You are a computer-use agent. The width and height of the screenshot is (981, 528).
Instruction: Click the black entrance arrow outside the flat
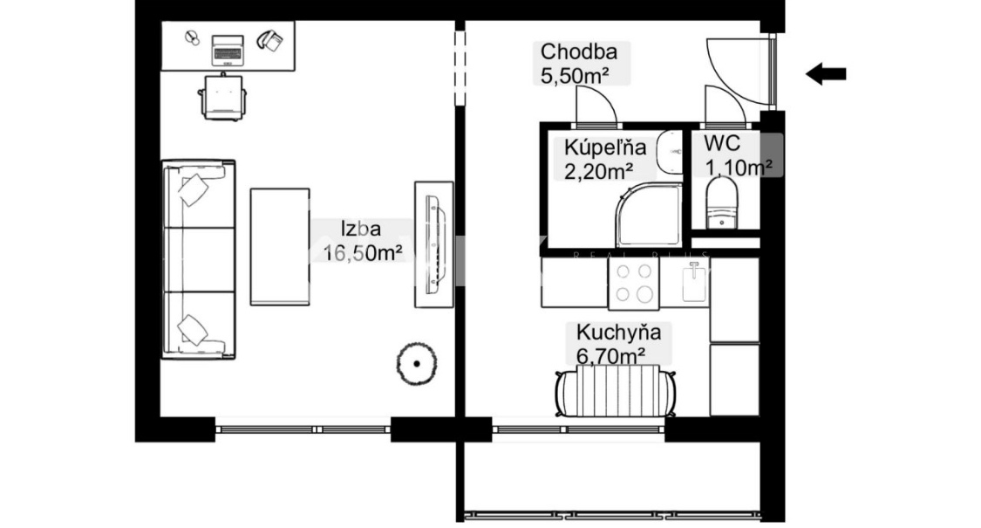pyautogui.click(x=826, y=74)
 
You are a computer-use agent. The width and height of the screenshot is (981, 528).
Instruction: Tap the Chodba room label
pyautogui.click(x=579, y=51)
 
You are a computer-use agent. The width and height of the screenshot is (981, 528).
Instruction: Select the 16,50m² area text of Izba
pyautogui.click(x=363, y=253)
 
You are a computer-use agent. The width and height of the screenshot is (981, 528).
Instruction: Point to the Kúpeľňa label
pyautogui.click(x=605, y=147)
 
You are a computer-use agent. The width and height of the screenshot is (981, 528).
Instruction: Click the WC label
pyautogui.click(x=722, y=143)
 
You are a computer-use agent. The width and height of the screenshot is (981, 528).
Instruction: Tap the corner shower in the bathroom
pyautogui.click(x=649, y=215)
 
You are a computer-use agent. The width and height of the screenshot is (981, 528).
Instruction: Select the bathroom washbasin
pyautogui.click(x=670, y=152)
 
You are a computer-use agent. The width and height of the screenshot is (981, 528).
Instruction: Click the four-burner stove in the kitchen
pyautogui.click(x=634, y=284)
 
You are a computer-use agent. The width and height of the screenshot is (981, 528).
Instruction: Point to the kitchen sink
pyautogui.click(x=694, y=282)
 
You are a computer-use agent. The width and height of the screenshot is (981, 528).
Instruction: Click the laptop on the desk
pyautogui.click(x=227, y=50)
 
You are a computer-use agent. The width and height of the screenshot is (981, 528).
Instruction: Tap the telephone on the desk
pyautogui.click(x=269, y=40)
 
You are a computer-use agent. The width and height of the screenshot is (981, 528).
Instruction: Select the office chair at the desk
pyautogui.click(x=222, y=97)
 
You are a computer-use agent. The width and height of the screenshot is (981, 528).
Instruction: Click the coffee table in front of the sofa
pyautogui.click(x=280, y=247)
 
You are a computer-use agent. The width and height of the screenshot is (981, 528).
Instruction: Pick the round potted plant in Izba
pyautogui.click(x=417, y=363)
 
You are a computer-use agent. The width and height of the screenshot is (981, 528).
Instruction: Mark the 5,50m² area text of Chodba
pyautogui.click(x=575, y=76)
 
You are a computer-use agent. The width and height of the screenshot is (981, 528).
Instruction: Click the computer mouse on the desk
pyautogui.click(x=192, y=38)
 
